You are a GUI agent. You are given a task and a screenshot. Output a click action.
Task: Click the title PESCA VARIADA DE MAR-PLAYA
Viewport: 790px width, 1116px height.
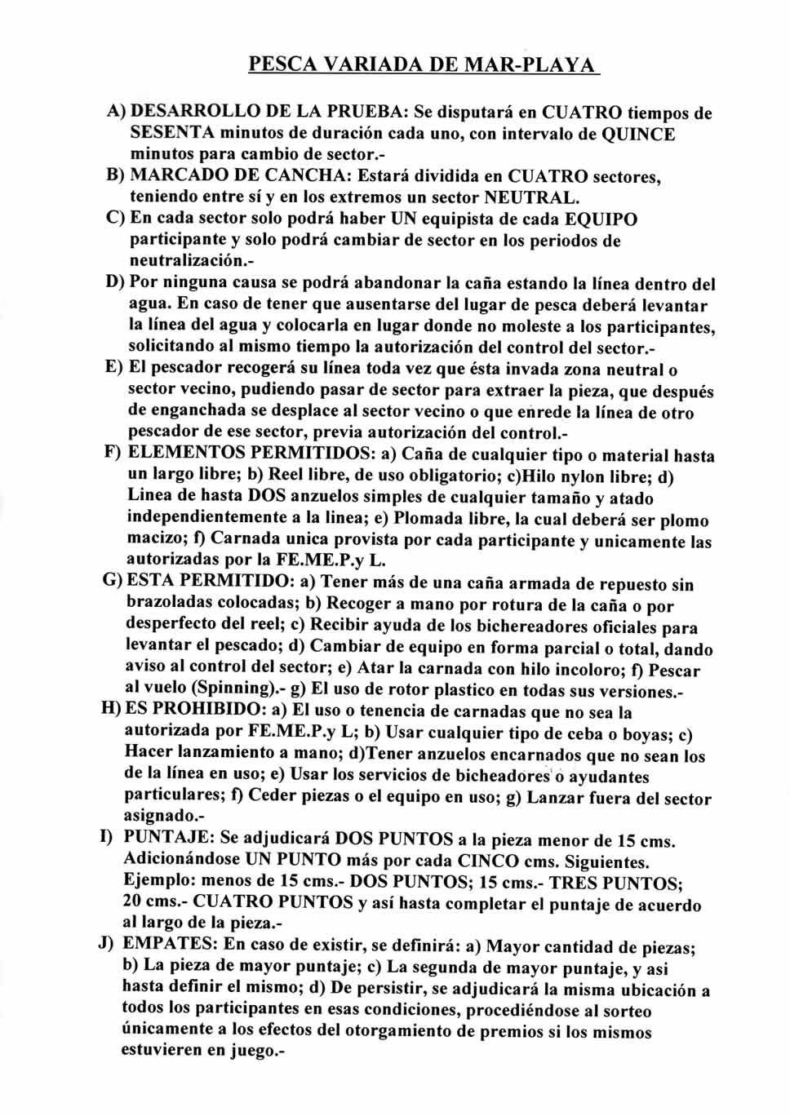coord(424,64)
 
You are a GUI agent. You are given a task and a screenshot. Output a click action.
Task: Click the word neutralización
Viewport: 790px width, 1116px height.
coord(186,261)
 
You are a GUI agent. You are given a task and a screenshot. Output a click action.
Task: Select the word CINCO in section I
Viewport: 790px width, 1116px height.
coord(488,860)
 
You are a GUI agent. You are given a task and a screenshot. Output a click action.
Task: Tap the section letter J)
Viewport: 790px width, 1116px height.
coord(106,945)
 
